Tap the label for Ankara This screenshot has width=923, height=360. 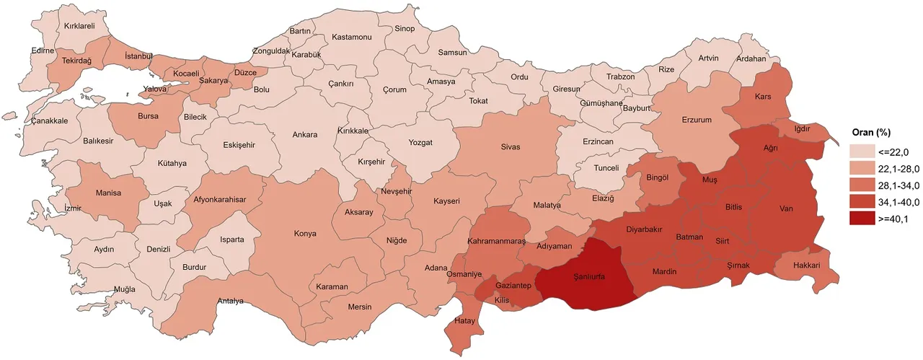point(305,134)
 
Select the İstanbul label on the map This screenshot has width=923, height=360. point(138,56)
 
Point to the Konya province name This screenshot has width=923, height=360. point(305,234)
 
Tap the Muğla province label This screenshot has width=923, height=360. point(125,289)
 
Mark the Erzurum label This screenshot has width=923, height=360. point(697,120)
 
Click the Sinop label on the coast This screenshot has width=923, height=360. point(405,29)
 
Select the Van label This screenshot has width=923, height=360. point(786,209)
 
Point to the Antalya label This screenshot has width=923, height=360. point(231,301)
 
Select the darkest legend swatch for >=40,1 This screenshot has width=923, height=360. point(862,220)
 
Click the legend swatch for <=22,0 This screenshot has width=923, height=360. point(862,152)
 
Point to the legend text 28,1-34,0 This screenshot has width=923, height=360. point(896,185)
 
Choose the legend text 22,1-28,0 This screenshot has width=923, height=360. point(896,168)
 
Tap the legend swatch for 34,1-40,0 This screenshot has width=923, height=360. point(862,203)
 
